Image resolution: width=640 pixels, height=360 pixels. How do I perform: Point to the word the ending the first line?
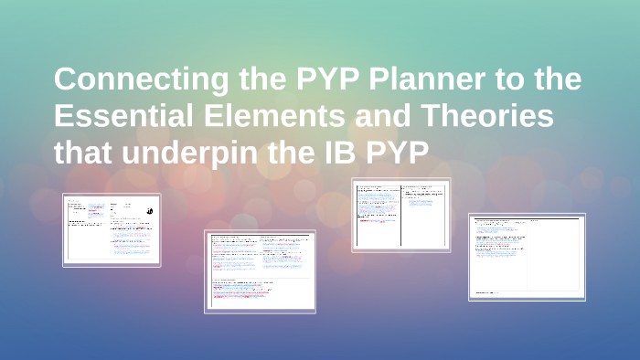pyautogui.click(x=557, y=80)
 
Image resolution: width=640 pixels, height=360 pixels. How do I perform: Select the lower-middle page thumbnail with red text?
pyautogui.click(x=261, y=271)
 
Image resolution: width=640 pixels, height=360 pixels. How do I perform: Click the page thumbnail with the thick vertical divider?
pyautogui.click(x=401, y=214)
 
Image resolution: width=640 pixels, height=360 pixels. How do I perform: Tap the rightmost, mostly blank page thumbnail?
pyautogui.click(x=528, y=257)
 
